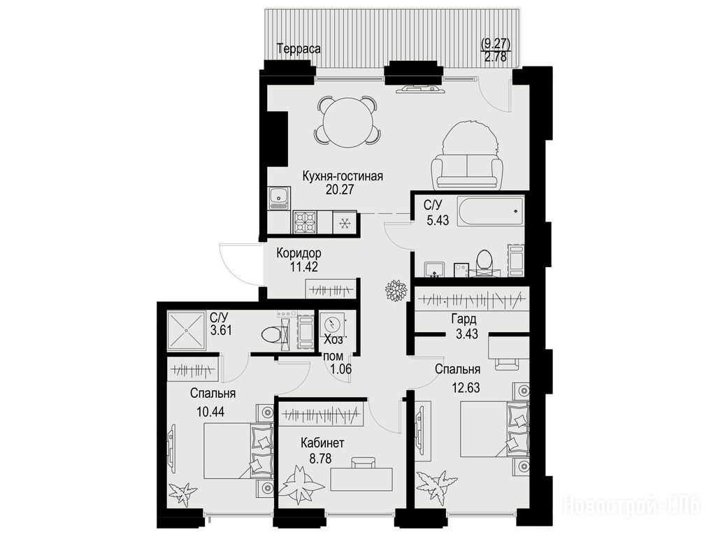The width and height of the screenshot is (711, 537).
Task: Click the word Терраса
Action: [299, 48]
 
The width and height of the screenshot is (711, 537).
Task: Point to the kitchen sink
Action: [279, 198]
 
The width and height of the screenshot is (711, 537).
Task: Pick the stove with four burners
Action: [305, 222]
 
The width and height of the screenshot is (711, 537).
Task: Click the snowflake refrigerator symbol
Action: [345, 222]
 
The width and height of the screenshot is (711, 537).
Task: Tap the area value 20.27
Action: [339, 189]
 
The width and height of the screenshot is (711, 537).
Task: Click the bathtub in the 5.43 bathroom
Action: [490, 212]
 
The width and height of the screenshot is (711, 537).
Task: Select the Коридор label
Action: [299, 252]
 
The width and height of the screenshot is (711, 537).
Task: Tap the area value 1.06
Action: [341, 369]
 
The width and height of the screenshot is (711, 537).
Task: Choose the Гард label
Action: [464, 320]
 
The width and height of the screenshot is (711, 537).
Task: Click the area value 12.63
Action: [465, 388]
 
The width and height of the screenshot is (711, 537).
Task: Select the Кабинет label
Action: [322, 442]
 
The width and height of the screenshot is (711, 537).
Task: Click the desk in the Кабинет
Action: [361, 479]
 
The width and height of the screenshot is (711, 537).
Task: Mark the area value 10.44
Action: [211, 412]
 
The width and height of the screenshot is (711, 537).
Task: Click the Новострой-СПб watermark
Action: [631, 505]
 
